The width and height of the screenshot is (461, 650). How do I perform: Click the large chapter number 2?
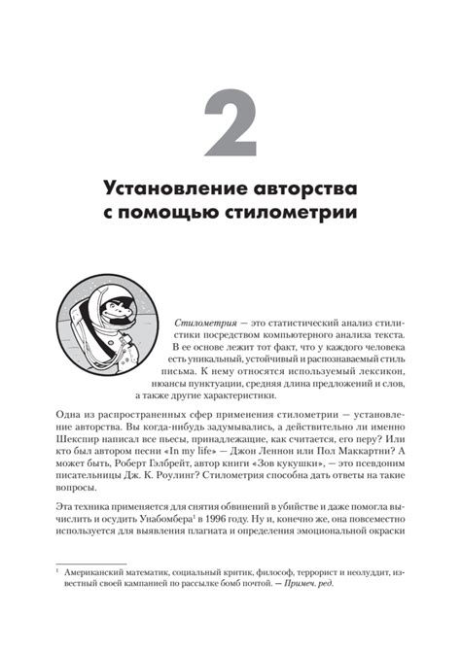pyautogui.click(x=230, y=122)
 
